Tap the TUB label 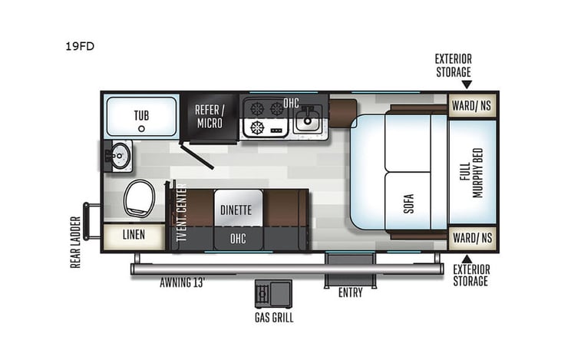(x=141, y=116)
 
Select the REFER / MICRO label (x=209, y=117)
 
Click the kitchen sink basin (x=309, y=119)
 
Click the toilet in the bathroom (x=139, y=200)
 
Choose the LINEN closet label (x=133, y=235)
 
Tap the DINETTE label (x=236, y=209)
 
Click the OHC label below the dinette (x=238, y=239)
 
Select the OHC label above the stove (x=291, y=102)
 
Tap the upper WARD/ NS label (x=471, y=105)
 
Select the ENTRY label (x=350, y=292)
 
